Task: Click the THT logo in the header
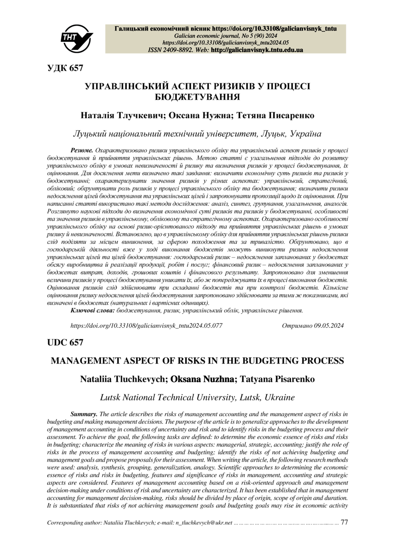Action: pyautogui.click(x=78, y=36)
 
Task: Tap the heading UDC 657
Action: pyautogui.click(x=65, y=342)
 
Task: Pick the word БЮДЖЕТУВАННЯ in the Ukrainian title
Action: pyautogui.click(x=197, y=96)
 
